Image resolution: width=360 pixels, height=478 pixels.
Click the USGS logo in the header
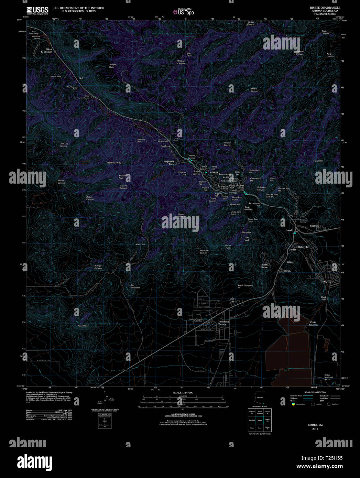pos(37,10)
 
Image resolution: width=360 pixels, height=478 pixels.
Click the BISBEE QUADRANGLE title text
pos(325,8)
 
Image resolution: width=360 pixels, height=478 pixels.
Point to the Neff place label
pos(81,78)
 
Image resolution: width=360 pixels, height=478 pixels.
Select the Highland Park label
pos(169,163)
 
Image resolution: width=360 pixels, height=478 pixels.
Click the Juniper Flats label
pos(112,65)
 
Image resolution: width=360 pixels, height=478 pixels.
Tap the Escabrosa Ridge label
pos(114,163)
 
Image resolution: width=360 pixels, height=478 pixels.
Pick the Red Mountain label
pos(135,286)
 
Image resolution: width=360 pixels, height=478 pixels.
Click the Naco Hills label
pos(83,326)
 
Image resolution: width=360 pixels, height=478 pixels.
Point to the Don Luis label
pos(232,300)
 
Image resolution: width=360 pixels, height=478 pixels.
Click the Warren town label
pos(327,282)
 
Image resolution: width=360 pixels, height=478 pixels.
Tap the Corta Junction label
pos(313,323)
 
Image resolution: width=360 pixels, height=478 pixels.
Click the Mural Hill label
pos(318,161)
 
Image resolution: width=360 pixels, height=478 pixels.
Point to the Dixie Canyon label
pos(325,32)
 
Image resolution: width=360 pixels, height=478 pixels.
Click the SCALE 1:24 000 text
pos(183,392)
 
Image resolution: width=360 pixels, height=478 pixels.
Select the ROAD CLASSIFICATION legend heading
pos(315,392)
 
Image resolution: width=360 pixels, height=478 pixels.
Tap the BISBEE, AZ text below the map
pos(315,425)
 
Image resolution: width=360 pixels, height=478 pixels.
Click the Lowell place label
pos(289,230)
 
